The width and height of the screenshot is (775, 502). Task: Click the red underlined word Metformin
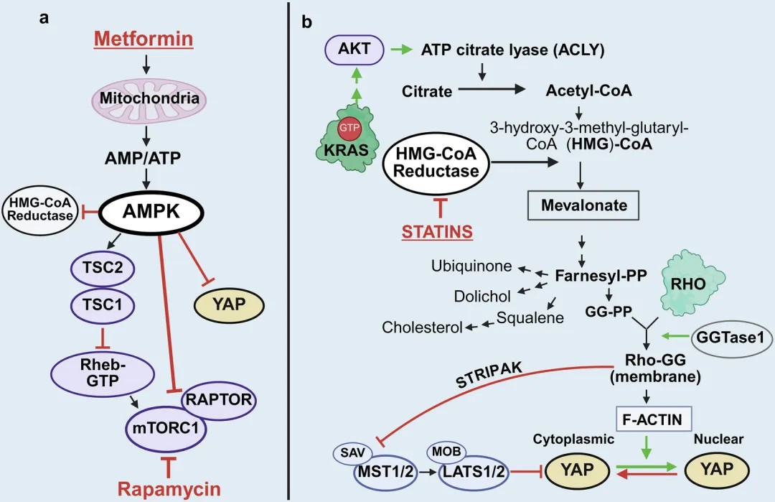[x=145, y=39]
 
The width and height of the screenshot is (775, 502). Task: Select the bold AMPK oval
[x=149, y=212]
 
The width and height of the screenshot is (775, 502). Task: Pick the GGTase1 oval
[x=727, y=335]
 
